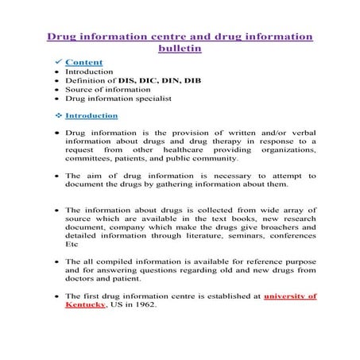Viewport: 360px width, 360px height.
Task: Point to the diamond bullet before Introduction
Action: pos(56,115)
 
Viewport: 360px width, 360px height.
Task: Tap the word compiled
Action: pos(116,261)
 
